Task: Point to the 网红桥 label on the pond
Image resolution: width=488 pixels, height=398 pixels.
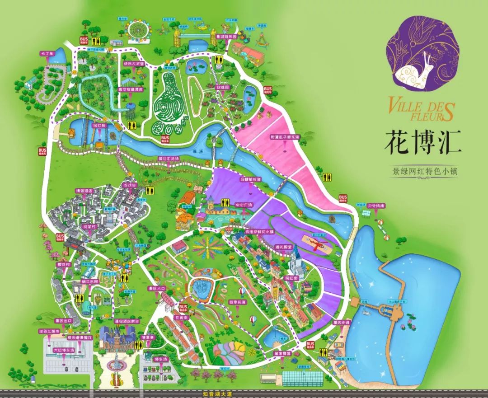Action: point(99,125)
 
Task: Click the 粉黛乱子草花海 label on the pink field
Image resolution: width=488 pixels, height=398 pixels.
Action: point(286,136)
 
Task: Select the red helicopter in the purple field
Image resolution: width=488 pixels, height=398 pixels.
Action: point(319,245)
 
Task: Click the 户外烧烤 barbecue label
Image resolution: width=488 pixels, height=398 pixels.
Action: point(375,206)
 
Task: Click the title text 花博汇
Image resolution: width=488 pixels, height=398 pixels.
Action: point(423,142)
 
